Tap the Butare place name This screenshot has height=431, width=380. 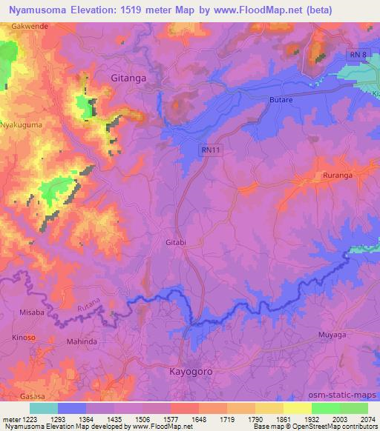[281, 98]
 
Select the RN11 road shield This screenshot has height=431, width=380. [209, 149]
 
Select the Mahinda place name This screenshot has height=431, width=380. [82, 341]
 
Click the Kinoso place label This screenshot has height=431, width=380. [24, 338]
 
